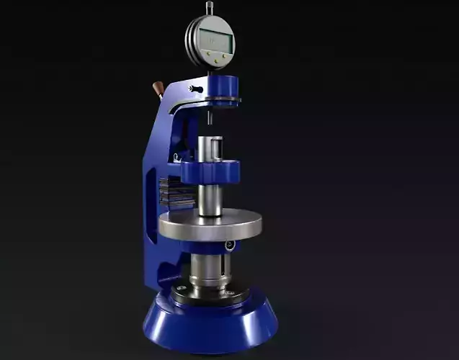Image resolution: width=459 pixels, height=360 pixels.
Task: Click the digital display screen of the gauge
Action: click(215, 40)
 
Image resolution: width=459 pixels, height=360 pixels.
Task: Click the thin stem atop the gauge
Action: click(210, 9)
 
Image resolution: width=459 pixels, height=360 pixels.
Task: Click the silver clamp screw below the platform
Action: click(229, 246)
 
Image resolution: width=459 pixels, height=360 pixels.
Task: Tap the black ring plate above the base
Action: click(209, 295)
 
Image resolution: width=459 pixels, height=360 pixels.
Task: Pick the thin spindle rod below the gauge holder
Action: click(210, 115)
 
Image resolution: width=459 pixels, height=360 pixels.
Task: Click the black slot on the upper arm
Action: click(195, 89)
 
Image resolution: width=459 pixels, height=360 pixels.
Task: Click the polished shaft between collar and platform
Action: click(210, 199)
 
